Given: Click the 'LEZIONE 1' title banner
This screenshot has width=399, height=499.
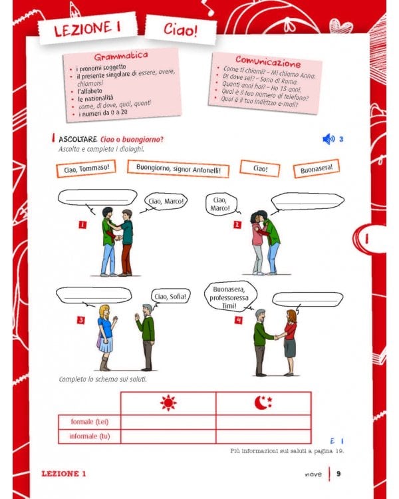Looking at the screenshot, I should [x=84, y=30].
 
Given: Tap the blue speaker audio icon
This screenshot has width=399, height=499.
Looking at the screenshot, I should [x=328, y=139].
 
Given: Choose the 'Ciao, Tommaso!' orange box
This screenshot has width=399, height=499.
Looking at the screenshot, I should [x=86, y=168].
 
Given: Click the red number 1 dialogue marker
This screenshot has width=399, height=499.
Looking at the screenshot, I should [x=82, y=225].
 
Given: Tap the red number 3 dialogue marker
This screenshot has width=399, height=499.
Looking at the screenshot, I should [x=81, y=320].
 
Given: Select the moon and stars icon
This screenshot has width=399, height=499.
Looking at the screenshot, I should [x=263, y=403].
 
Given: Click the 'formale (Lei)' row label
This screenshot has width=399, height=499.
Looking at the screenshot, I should [x=89, y=421].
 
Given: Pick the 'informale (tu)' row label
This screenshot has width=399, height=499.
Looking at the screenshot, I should [x=89, y=436].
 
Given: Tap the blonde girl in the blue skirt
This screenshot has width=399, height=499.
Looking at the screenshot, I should [x=105, y=336].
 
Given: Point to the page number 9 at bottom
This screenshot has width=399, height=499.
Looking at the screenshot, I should [x=338, y=474].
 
